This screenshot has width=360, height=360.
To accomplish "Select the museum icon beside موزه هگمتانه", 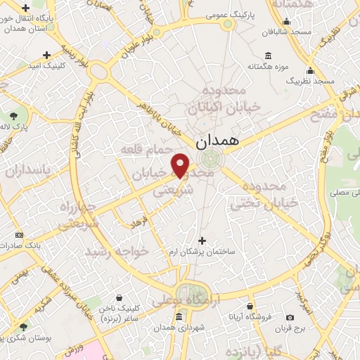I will point(269,56).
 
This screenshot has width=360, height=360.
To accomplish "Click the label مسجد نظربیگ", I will point(309,82).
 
